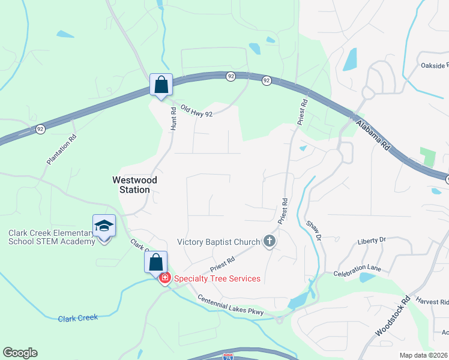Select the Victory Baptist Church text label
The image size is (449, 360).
click(218, 242)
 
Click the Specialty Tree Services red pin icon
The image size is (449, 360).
click(164, 278)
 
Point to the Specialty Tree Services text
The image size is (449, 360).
click(217, 278)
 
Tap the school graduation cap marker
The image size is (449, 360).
click(104, 227)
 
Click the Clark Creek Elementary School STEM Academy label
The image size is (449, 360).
click(52, 237)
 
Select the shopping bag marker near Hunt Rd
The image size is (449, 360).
click(161, 85)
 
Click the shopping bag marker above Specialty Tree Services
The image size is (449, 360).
click(155, 262)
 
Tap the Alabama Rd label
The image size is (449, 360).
click(373, 136)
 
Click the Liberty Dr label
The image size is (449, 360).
click(371, 241)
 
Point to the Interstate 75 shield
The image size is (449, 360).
click(228, 356)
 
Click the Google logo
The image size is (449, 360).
click(20, 353)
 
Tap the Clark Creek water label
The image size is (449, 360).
click(78, 318)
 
